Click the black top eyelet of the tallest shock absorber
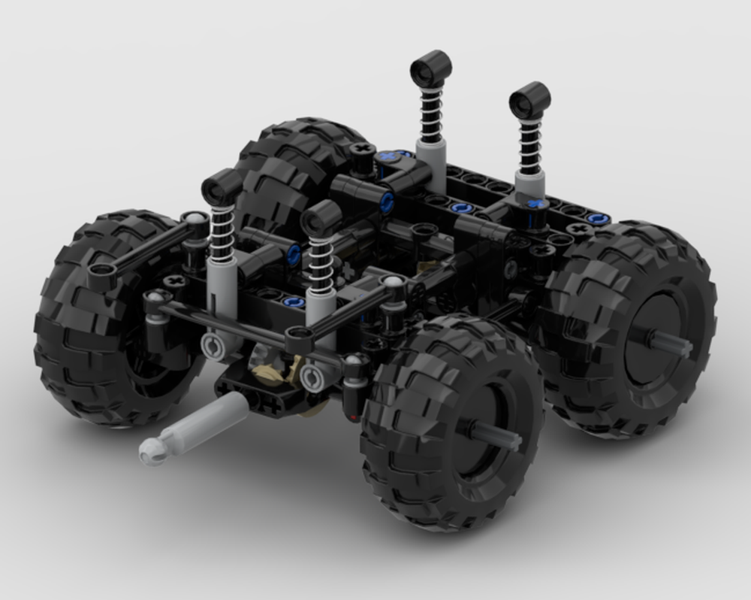(x=430, y=68)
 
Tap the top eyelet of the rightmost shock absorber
(x=529, y=99)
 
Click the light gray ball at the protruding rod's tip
(x=150, y=453)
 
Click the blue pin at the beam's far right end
(x=597, y=219)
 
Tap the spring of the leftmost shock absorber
(x=223, y=229)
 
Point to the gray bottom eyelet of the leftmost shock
(x=214, y=346)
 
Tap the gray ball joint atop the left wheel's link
(x=197, y=219)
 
